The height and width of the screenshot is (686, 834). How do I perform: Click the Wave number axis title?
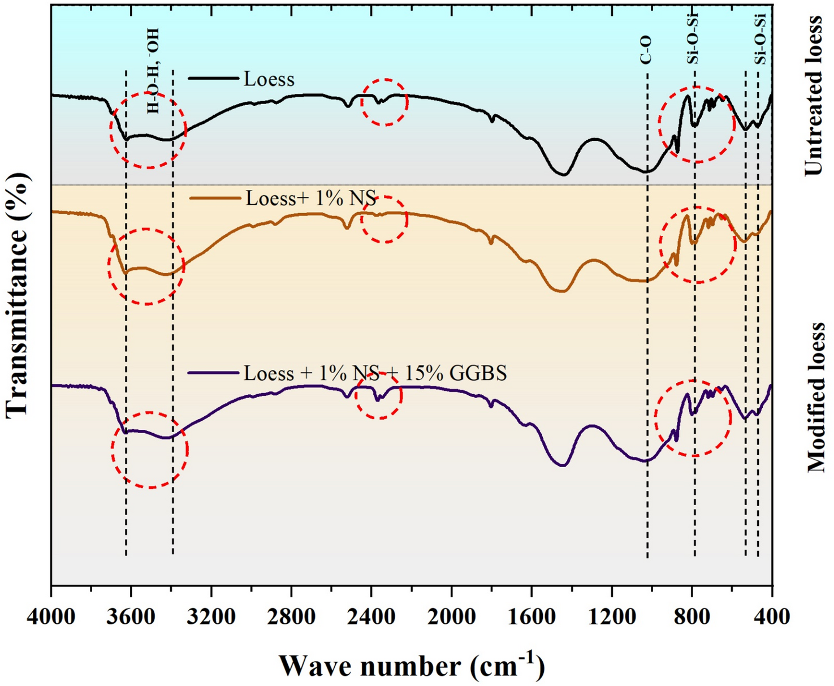tap(412, 665)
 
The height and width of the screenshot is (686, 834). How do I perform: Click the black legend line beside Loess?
tap(213, 78)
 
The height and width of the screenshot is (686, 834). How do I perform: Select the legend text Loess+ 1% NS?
tap(311, 199)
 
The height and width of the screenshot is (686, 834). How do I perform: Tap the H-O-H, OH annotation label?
tap(153, 71)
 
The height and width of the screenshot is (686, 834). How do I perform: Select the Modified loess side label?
tap(815, 398)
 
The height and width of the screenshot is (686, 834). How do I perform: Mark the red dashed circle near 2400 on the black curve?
tap(384, 102)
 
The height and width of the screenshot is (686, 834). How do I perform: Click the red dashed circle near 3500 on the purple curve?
tap(150, 450)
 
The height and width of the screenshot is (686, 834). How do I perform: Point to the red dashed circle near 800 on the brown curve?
tap(698, 244)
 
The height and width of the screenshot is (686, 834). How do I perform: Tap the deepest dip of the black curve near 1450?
tap(563, 174)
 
